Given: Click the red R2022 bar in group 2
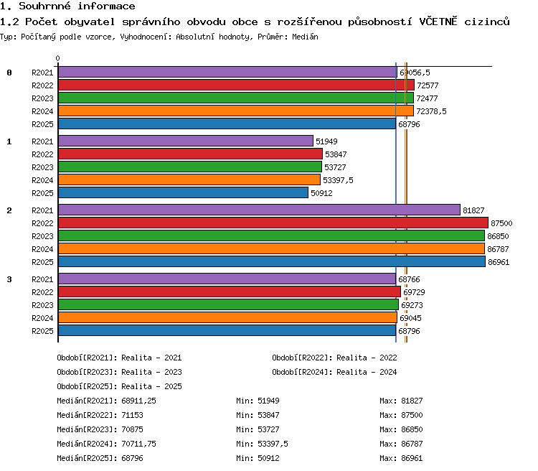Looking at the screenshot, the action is tap(273, 223).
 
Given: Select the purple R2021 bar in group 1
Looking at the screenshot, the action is tap(186, 141).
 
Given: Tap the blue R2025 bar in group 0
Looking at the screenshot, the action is tap(227, 124).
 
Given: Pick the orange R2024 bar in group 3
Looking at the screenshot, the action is tap(227, 318).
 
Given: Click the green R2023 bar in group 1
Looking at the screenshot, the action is tap(190, 167).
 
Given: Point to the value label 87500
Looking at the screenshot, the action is tap(501, 223).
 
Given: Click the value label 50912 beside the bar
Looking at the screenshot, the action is tap(321, 193).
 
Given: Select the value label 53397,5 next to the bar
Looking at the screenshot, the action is tap(338, 180).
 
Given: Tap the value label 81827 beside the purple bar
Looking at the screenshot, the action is tap(473, 210).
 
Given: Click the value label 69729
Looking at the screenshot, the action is tap(414, 292).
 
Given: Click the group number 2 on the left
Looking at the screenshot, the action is tap(9, 210).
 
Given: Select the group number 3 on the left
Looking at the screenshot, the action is tap(9, 279).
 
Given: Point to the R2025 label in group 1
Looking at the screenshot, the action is tap(42, 193).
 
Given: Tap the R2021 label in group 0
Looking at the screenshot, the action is tap(42, 73).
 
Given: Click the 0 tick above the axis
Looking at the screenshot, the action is tap(57, 58).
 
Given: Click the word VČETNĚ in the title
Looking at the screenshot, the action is tap(438, 22).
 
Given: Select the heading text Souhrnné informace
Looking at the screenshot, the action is tap(77, 6).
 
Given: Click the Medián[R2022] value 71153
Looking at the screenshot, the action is tap(132, 415).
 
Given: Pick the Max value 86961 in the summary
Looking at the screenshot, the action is tap(412, 458).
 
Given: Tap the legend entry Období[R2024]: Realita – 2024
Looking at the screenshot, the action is tap(334, 372).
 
